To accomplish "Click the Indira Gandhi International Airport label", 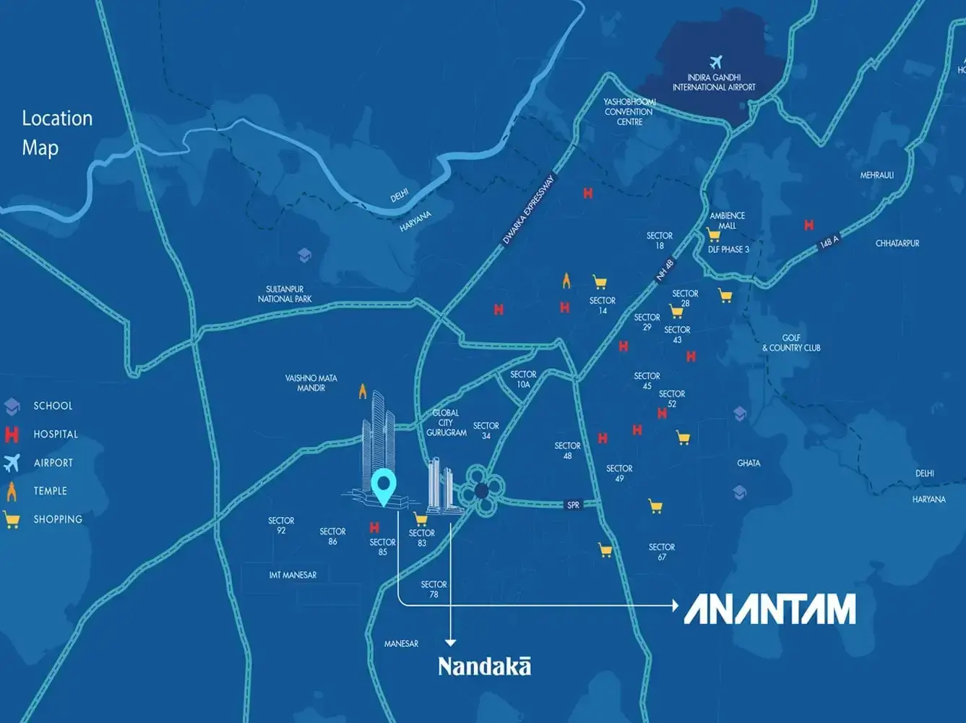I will pyautogui.click(x=714, y=82).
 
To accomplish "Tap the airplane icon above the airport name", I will pyautogui.click(x=715, y=62).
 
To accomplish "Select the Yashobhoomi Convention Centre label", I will pyautogui.click(x=629, y=112).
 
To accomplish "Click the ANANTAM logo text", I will pyautogui.click(x=769, y=609).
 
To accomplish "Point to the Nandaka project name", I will pyautogui.click(x=484, y=666).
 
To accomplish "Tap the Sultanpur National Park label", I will pyautogui.click(x=285, y=294).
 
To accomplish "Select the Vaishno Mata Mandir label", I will pyautogui.click(x=311, y=383).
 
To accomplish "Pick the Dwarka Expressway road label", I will pyautogui.click(x=528, y=210).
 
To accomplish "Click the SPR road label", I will pyautogui.click(x=573, y=505).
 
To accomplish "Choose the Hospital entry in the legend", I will pyautogui.click(x=55, y=435).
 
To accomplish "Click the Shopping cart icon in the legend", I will pyautogui.click(x=11, y=519).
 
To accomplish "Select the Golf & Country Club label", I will pyautogui.click(x=791, y=343).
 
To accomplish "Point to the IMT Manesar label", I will pyautogui.click(x=293, y=575).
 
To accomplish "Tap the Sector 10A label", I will pyautogui.click(x=523, y=380).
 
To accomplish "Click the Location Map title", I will pyautogui.click(x=57, y=133).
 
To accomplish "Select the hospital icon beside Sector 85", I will pyautogui.click(x=374, y=528).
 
